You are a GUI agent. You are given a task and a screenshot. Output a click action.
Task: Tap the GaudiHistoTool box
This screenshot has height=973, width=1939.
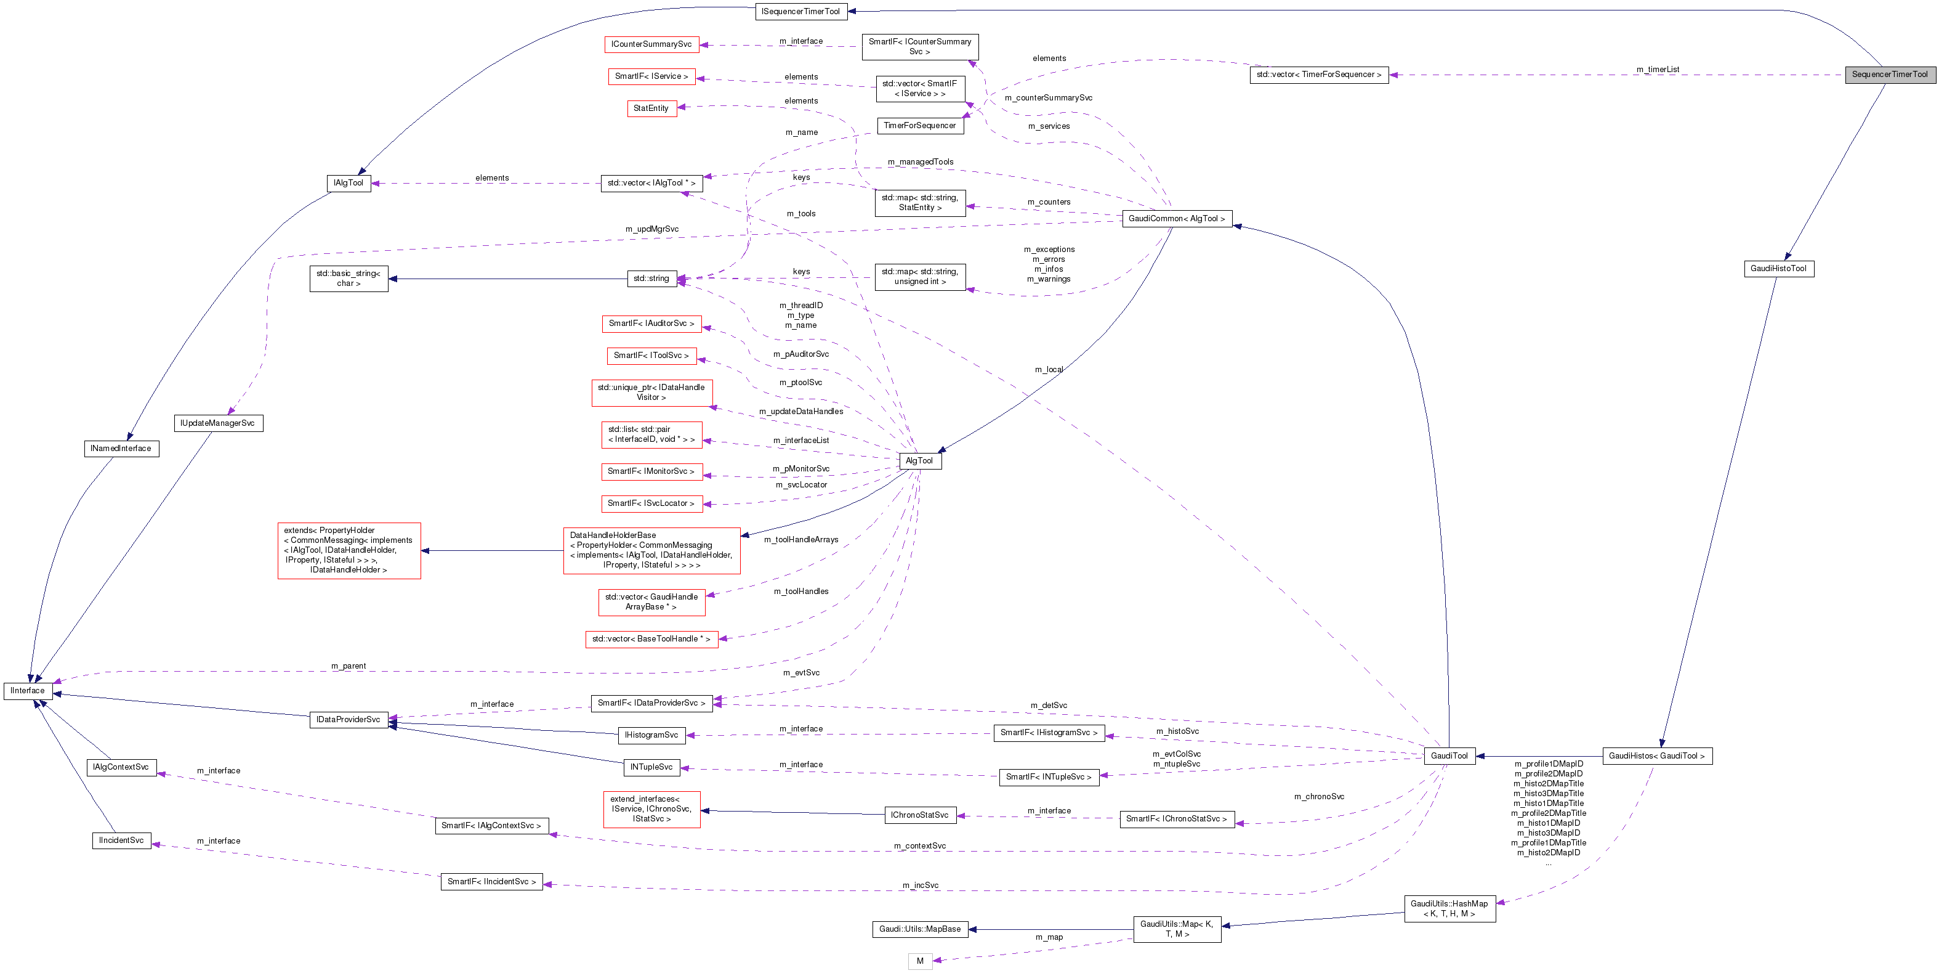pyautogui.click(x=1779, y=269)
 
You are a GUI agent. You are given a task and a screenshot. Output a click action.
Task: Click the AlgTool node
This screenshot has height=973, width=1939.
pyautogui.click(x=919, y=461)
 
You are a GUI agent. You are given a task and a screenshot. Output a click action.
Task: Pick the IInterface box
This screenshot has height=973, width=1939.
pyautogui.click(x=28, y=691)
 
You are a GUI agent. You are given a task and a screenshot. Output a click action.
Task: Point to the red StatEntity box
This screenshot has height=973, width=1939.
pyautogui.click(x=651, y=108)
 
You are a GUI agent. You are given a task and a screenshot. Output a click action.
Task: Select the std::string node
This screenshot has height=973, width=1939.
pyautogui.click(x=651, y=279)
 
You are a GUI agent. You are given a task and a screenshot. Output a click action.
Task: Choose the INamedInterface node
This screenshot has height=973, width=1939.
pyautogui.click(x=121, y=449)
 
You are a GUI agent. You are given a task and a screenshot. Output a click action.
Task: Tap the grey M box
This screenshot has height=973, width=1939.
pyautogui.click(x=920, y=961)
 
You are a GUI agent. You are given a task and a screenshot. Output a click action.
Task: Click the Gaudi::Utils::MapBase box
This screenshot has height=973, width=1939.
pyautogui.click(x=920, y=929)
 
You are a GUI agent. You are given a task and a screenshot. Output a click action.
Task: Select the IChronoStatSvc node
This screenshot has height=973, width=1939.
pyautogui.click(x=920, y=815)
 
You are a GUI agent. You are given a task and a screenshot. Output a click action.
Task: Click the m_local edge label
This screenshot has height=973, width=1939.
pyautogui.click(x=1049, y=370)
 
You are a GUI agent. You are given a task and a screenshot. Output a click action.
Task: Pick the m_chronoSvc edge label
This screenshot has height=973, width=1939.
pyautogui.click(x=1319, y=797)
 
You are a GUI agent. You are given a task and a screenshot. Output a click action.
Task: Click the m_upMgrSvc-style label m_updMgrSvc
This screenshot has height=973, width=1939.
pyautogui.click(x=652, y=230)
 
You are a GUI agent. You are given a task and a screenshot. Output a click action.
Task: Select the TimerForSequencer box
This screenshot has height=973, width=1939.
pyautogui.click(x=920, y=126)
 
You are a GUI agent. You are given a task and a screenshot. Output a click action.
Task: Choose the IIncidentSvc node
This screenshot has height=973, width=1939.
pyautogui.click(x=121, y=841)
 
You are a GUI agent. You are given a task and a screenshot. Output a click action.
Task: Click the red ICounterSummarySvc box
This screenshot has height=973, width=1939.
pyautogui.click(x=651, y=44)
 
